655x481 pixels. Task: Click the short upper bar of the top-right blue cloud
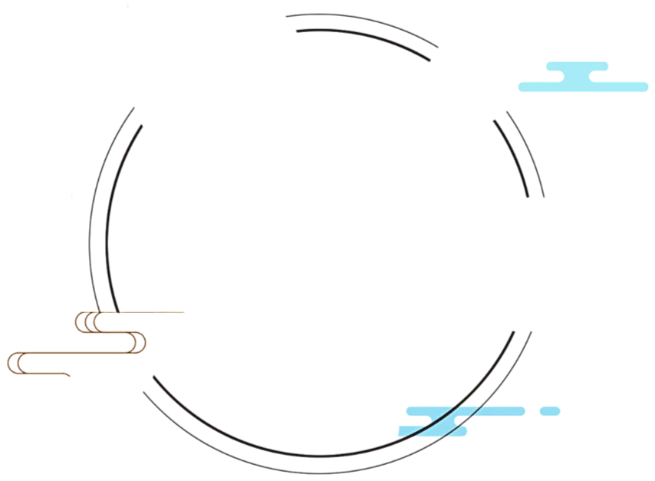click(577, 66)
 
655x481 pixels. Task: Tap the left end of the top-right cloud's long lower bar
click(524, 87)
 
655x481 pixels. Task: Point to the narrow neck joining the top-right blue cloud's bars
click(576, 76)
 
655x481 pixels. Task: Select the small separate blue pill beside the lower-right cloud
click(549, 411)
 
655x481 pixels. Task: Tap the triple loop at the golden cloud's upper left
click(87, 322)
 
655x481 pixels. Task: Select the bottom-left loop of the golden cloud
click(16, 364)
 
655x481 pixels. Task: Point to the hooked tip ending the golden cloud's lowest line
click(68, 374)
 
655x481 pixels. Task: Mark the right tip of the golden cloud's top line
click(183, 312)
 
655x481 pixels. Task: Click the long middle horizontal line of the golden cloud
click(77, 353)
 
